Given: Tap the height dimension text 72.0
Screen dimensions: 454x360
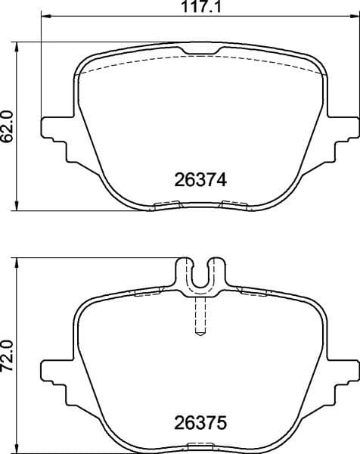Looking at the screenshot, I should [x=8, y=356].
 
